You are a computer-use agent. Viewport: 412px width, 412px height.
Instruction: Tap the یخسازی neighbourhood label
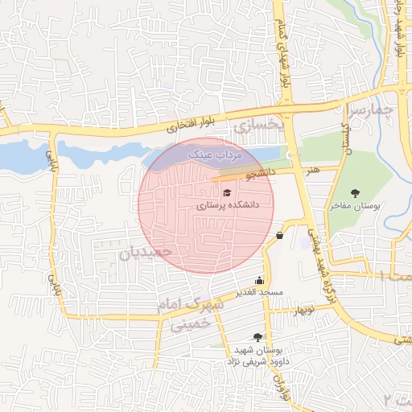pyautogui.click(x=259, y=124)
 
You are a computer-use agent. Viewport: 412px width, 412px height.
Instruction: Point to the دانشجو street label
pyautogui.click(x=261, y=172)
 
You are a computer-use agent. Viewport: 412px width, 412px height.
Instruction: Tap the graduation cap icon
pyautogui.click(x=228, y=192)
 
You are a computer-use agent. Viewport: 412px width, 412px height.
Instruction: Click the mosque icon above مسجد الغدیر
pyautogui.click(x=258, y=281)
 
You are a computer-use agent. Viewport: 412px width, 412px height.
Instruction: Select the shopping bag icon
pyautogui.click(x=279, y=236)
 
